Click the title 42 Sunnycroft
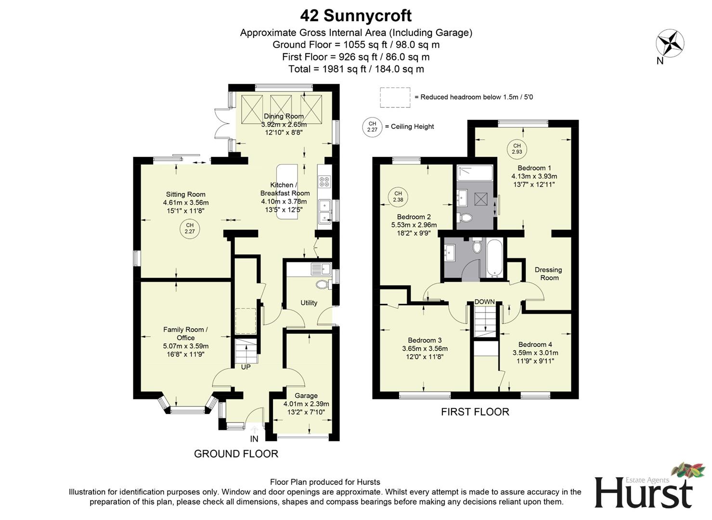(356, 15)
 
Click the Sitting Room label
(186, 195)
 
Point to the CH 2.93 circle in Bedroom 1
(517, 149)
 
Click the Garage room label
(306, 396)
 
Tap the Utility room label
(309, 303)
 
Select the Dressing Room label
(548, 273)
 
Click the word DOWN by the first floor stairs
(484, 302)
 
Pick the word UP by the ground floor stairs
(246, 367)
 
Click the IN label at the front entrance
(254, 439)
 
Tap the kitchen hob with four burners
(324, 182)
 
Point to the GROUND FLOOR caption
(236, 454)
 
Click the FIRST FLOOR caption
(475, 412)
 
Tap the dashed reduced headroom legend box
(395, 97)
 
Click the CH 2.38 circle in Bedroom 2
(398, 197)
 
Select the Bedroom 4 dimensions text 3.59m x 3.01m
(535, 352)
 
